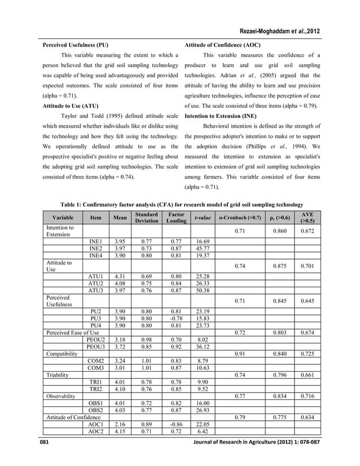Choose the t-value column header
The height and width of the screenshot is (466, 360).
pos(202,218)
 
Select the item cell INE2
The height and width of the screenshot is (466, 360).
pos(96,248)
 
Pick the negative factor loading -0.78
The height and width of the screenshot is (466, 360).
pos(173,318)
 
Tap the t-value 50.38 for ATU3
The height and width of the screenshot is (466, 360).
pos(202,291)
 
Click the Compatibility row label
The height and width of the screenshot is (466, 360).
pos(62,353)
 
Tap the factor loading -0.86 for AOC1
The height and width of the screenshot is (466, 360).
pos(173,424)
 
